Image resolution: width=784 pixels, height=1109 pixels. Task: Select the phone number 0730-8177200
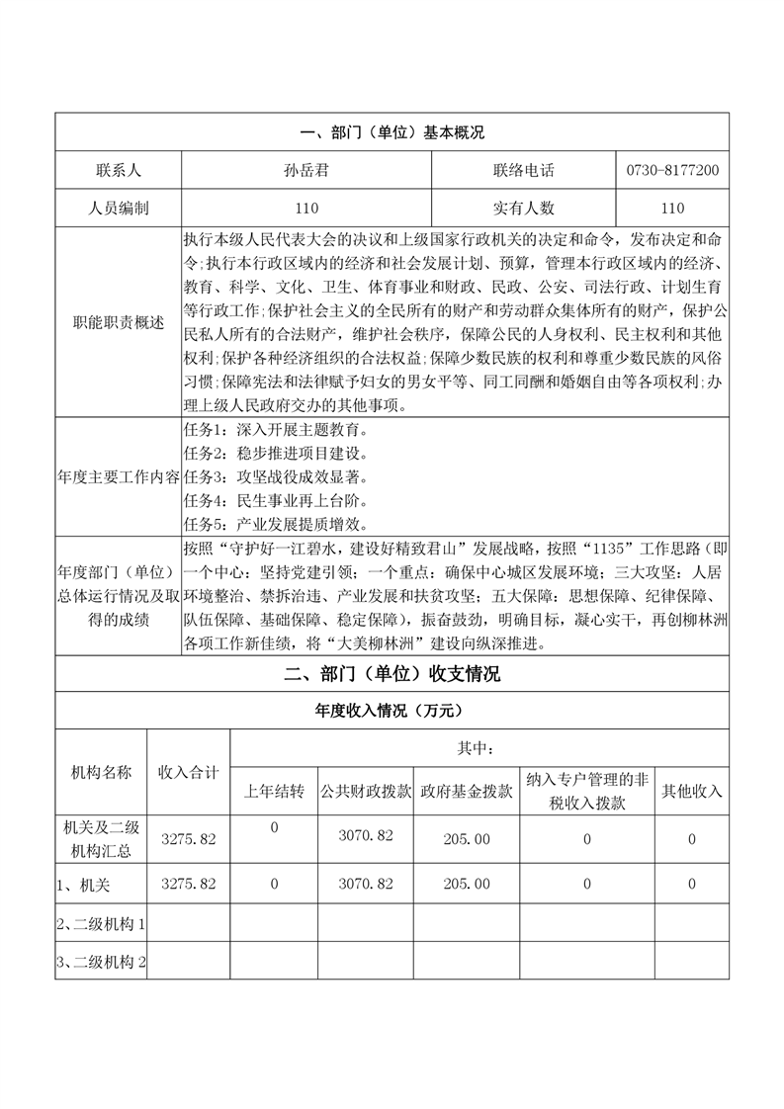[x=672, y=170]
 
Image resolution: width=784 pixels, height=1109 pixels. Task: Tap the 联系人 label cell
[x=118, y=170]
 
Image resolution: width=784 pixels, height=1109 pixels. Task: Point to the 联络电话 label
[x=524, y=170]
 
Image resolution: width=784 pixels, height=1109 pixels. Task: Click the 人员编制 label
[x=118, y=208]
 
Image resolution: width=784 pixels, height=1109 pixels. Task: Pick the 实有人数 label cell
[x=524, y=208]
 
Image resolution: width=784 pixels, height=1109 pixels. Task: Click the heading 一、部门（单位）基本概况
[x=392, y=131]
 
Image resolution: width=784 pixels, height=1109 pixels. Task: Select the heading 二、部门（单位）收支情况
[x=392, y=675]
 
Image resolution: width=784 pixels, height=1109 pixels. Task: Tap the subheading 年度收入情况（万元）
[x=392, y=711]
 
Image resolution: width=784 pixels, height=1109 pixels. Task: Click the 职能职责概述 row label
[x=118, y=322]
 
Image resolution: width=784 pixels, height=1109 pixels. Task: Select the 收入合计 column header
[x=188, y=772]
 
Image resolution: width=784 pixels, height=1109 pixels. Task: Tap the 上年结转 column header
[x=274, y=792]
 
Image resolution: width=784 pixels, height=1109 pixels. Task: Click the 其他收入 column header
[x=692, y=792]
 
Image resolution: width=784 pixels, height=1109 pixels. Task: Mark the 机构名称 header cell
[x=101, y=772]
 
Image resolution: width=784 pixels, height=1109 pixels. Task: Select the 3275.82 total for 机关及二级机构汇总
[x=188, y=839]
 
